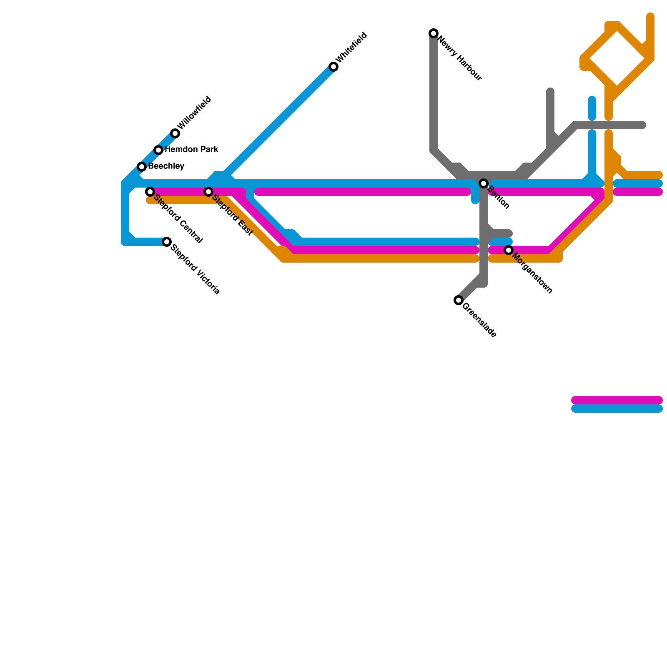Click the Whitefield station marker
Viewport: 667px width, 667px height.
333,67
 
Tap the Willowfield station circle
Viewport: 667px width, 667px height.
175,133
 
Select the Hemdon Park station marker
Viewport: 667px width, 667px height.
158,150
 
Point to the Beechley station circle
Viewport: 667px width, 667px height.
142,167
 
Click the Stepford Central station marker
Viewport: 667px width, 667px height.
150,192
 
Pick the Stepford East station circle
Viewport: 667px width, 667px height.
208,192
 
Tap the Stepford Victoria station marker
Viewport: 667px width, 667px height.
167,242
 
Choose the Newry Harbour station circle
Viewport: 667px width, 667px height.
434,33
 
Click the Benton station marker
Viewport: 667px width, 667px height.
484,183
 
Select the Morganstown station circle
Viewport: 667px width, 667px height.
509,250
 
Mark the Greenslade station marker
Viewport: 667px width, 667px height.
459,300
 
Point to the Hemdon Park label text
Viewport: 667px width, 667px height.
191,150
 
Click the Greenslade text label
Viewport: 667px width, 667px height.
479,321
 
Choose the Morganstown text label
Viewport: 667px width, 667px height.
532,273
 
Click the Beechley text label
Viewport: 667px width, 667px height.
166,166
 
